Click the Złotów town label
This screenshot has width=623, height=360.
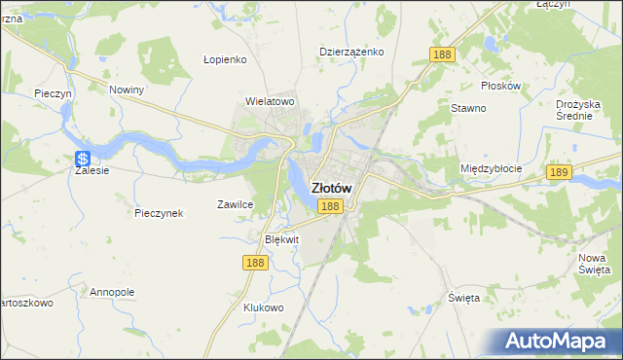point(331,188)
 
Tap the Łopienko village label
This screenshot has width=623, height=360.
point(226,58)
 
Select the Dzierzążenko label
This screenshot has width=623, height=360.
point(351,52)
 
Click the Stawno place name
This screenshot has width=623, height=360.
point(468,108)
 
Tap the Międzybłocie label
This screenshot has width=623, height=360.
point(491,168)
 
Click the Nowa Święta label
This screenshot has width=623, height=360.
point(593,263)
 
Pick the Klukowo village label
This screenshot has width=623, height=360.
point(263,307)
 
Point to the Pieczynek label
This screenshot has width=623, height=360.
point(160,213)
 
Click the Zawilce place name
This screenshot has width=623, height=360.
point(235,204)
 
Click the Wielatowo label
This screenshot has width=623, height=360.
point(270,100)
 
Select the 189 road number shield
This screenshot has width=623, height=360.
point(558,172)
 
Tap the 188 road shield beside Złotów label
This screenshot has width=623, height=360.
point(329,206)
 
